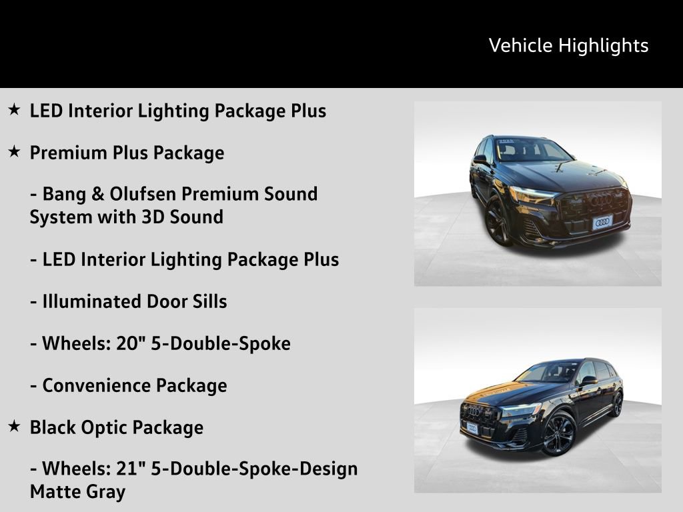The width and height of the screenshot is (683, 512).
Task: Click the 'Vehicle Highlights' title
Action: coord(568,45)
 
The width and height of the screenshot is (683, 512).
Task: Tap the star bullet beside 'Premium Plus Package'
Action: coord(14,152)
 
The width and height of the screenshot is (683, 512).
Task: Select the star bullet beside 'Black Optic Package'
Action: coord(14,427)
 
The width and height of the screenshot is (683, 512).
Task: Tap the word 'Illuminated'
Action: coord(83,301)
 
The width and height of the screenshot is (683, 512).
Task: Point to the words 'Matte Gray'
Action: coord(77,492)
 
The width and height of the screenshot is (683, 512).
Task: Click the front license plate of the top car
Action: coord(602,222)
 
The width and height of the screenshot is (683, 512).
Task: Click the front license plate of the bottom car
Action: coord(472,427)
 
